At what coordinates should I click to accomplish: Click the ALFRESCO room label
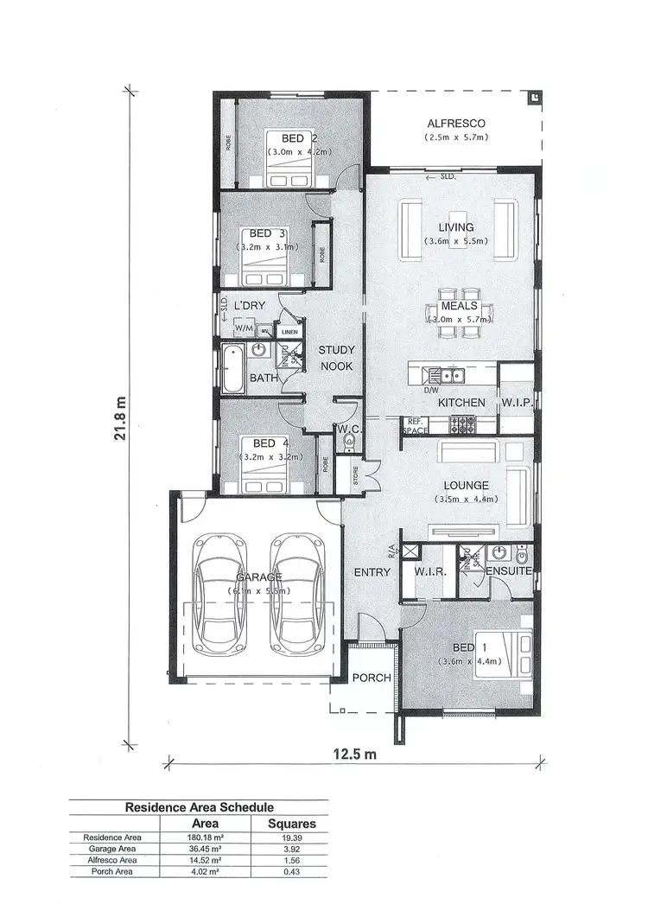[456, 123]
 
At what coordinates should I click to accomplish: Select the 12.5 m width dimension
[354, 754]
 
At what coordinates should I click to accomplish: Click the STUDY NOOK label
[336, 358]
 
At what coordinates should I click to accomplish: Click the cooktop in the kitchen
[461, 423]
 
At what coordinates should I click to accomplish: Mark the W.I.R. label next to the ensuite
[429, 571]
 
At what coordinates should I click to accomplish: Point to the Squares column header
[292, 824]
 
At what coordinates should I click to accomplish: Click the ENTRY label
[372, 571]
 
